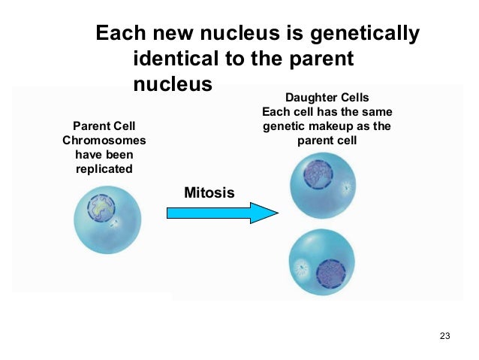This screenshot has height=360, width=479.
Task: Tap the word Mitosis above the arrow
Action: [x=209, y=193]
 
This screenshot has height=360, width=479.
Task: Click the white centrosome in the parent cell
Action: [x=116, y=224]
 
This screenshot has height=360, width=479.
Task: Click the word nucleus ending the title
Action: [x=173, y=83]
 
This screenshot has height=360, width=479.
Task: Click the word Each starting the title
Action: [x=121, y=34]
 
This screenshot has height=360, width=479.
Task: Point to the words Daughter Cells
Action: [x=327, y=98]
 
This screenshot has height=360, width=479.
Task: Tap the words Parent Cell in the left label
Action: [x=104, y=126]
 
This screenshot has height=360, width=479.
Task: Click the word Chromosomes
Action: [x=104, y=140]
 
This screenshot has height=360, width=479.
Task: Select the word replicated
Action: [x=104, y=168]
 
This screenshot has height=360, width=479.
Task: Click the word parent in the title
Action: [x=318, y=59]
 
